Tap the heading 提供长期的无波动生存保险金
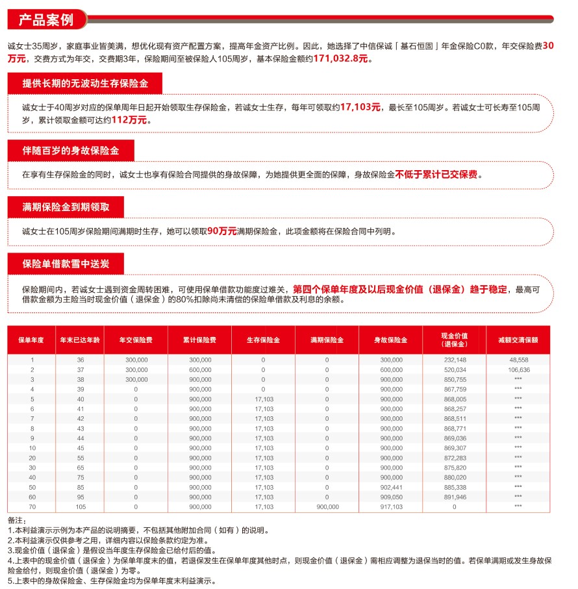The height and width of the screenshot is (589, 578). pyautogui.click(x=84, y=84)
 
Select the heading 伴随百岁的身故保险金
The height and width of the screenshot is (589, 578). pyautogui.click(x=71, y=151)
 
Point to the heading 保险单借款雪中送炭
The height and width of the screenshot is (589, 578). pyautogui.click(x=65, y=264)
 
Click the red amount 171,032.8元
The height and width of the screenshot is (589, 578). pyautogui.click(x=341, y=58)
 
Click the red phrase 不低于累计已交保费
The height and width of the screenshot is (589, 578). pyautogui.click(x=438, y=175)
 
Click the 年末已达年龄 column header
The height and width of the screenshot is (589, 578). pyautogui.click(x=80, y=340)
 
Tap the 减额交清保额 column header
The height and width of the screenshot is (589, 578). pyautogui.click(x=518, y=340)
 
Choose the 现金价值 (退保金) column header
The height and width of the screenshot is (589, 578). pyautogui.click(x=455, y=340)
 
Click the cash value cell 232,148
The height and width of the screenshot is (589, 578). pyautogui.click(x=455, y=360)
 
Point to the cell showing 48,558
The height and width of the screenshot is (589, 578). pyautogui.click(x=518, y=360)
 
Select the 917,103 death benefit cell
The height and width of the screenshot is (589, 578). pyautogui.click(x=391, y=507)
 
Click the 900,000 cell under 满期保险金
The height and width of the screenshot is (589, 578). pyautogui.click(x=327, y=507)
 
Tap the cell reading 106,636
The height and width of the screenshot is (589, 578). pyautogui.click(x=518, y=370)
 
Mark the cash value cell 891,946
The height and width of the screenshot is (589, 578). pyautogui.click(x=455, y=497)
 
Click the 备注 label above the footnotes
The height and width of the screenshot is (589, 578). pyautogui.click(x=16, y=521)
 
